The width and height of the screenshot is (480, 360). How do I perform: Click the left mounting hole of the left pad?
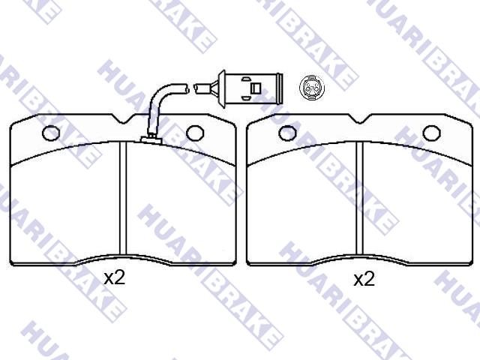pyautogui.click(x=50, y=133)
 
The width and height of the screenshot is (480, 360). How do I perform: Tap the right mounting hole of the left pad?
pyautogui.click(x=195, y=133)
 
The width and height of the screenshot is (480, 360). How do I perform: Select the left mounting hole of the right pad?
pyautogui.click(x=287, y=133)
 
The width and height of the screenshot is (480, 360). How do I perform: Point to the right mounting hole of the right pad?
pyautogui.click(x=432, y=133)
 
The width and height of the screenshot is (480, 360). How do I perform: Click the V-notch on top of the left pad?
pyautogui.click(x=123, y=119)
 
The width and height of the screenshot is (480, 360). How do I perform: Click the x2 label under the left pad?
pyautogui.click(x=115, y=278)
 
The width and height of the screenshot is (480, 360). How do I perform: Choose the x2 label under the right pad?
pyautogui.click(x=364, y=279)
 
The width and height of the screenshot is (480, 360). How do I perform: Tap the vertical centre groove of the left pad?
pyautogui.click(x=123, y=198)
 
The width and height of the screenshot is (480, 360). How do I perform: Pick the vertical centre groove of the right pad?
pyautogui.click(x=359, y=198)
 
